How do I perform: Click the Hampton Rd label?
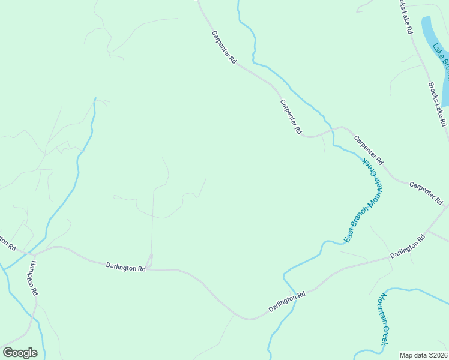[x=34, y=279]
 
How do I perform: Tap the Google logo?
[x=20, y=353]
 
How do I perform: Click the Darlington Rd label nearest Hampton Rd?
[x=126, y=268]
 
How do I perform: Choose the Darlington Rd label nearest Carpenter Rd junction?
[x=408, y=246]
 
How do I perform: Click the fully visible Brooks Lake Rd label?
[x=438, y=103]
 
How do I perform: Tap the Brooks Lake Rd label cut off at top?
[x=405, y=16]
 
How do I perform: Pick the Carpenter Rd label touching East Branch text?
[x=368, y=150]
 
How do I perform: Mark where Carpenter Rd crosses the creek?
[x=327, y=130]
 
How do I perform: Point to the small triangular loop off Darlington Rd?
[x=150, y=262]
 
